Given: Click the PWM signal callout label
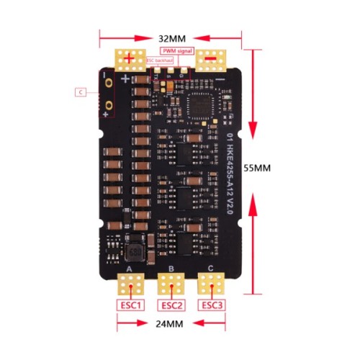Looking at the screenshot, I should click(176, 50).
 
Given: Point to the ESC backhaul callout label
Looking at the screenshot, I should click(160, 62).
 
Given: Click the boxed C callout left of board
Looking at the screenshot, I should click(81, 91).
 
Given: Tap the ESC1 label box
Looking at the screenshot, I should click(130, 305).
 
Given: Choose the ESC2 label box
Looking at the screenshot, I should click(171, 305).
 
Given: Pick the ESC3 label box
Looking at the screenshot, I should click(212, 305).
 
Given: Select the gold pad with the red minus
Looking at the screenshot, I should click(211, 60).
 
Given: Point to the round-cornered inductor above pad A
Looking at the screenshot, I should click(133, 253).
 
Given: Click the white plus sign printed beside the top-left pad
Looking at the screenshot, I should click(125, 79).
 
